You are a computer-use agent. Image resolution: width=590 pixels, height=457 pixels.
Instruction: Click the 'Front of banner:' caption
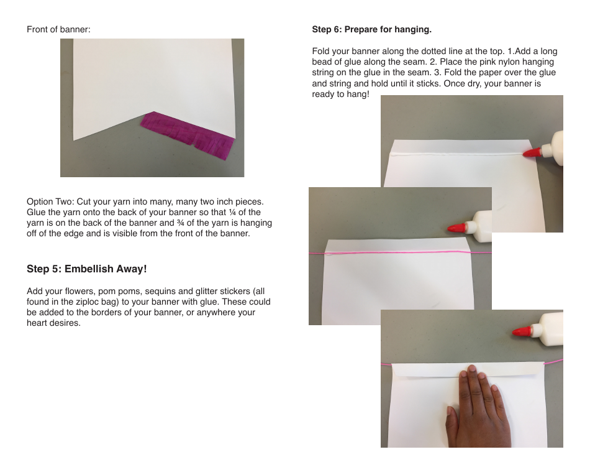click(x=58, y=29)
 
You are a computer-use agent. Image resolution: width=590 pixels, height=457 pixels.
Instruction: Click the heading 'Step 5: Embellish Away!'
click(x=86, y=269)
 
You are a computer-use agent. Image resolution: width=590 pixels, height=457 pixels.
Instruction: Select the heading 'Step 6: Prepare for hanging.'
click(x=371, y=29)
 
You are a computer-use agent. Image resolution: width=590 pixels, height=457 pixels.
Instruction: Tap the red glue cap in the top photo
click(x=532, y=152)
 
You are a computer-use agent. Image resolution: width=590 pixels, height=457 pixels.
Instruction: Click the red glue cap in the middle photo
click(x=458, y=228)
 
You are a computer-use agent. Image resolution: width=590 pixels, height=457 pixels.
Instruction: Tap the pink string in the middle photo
click(x=397, y=252)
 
